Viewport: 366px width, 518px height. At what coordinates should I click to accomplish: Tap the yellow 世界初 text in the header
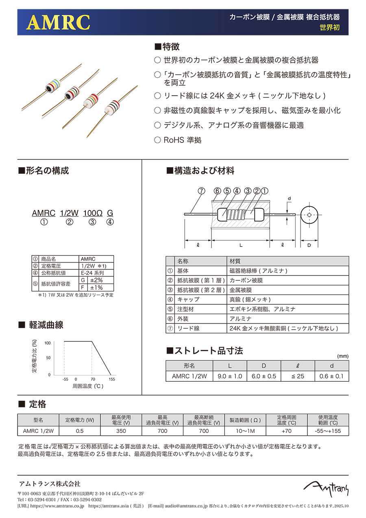[x=329, y=28]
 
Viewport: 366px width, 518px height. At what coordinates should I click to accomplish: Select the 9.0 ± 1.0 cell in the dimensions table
[x=230, y=376]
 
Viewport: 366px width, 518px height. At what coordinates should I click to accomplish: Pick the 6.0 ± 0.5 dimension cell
[x=264, y=376]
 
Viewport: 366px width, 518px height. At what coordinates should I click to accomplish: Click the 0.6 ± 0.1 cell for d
[x=331, y=376]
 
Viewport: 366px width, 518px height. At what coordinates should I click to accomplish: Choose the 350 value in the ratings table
[x=121, y=431]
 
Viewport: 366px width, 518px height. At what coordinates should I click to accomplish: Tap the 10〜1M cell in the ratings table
[x=245, y=431]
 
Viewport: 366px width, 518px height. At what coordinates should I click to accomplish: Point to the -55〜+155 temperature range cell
[x=328, y=431]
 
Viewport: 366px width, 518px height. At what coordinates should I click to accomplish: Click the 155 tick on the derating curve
[x=111, y=379]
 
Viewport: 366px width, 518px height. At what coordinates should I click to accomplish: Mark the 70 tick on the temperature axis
[x=93, y=379]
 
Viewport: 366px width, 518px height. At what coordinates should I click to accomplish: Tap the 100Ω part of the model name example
[x=92, y=213]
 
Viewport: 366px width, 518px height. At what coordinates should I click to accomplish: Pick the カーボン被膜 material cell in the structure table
[x=246, y=280]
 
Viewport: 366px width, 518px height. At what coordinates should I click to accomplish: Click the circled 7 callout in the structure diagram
[x=201, y=191]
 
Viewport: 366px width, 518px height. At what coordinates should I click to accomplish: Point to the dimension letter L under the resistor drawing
[x=241, y=245]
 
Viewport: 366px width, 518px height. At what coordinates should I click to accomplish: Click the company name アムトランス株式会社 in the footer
[x=50, y=484]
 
